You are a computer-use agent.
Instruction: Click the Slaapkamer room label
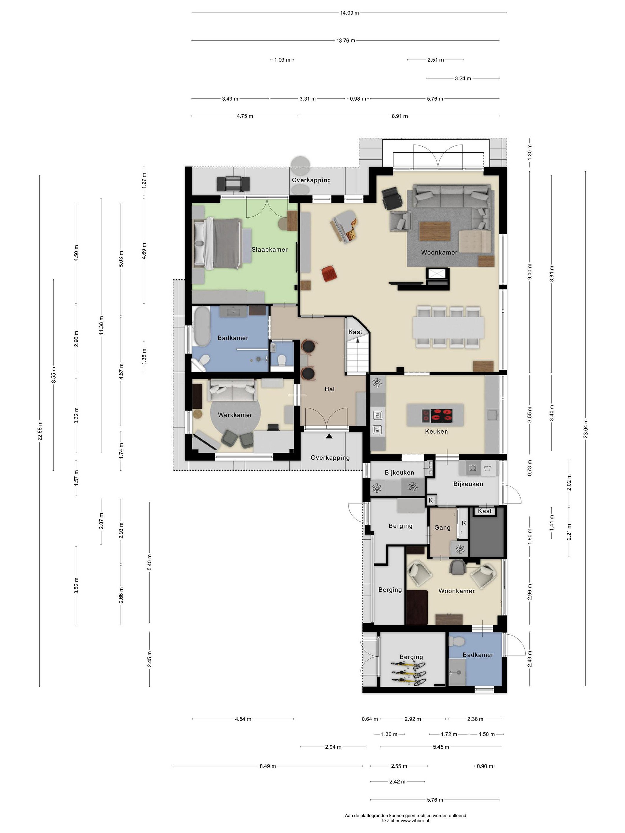269,249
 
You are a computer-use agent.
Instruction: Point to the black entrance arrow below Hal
329,436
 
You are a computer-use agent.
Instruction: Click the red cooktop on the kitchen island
437,415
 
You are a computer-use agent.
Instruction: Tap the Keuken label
436,431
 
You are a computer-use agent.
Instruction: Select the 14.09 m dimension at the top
349,13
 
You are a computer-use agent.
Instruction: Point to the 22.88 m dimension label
40,430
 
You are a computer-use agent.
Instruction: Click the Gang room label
442,528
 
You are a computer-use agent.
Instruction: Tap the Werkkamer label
235,414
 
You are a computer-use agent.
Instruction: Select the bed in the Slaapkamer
217,244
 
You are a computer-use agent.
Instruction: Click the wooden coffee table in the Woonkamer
435,231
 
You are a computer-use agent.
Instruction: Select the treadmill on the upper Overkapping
233,183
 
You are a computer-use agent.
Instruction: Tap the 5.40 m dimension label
149,562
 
